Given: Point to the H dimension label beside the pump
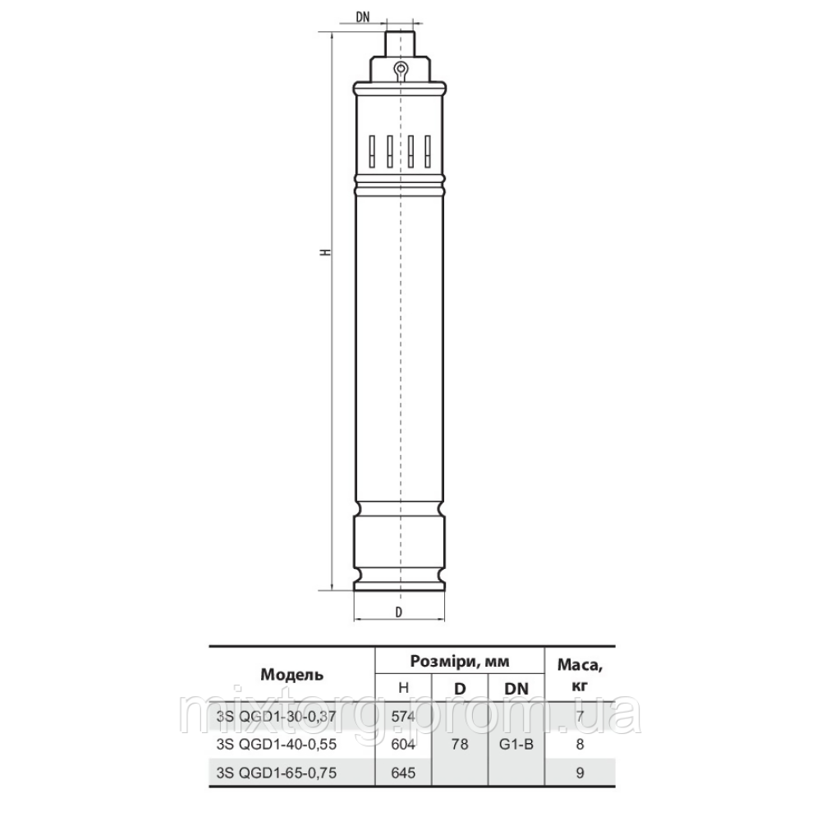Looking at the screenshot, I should tap(326, 253).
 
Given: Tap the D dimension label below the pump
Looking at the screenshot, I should tap(399, 611).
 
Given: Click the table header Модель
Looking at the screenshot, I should tap(291, 675).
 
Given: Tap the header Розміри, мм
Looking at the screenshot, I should tap(460, 661).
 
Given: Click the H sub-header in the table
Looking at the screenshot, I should tap(403, 689).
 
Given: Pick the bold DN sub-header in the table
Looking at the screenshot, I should tap(516, 689).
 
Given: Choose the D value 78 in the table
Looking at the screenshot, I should tap(461, 745).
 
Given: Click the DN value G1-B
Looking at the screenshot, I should tap(516, 745).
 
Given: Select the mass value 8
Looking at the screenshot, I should tap(580, 745).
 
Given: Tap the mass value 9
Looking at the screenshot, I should tap(580, 773).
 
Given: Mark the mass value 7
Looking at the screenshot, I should tap(580, 717).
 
